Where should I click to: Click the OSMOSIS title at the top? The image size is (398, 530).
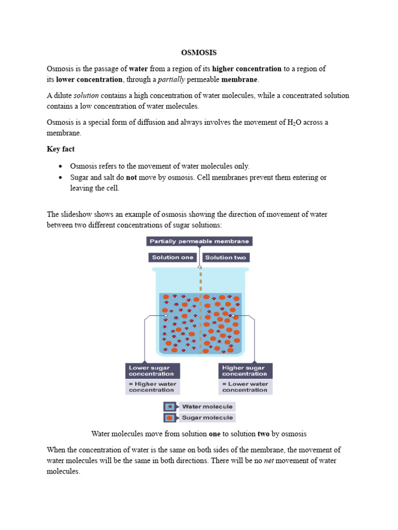pos(198,53)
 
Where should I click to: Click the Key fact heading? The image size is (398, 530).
pos(61,149)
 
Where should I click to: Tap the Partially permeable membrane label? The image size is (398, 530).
pos(199,241)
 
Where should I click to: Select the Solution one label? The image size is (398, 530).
pos(173,257)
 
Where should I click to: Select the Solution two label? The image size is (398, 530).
pos(225,257)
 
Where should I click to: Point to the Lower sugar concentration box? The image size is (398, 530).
pos(152,371)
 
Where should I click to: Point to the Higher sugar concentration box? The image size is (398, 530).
pos(245,371)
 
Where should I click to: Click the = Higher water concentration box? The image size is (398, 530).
pos(152,387)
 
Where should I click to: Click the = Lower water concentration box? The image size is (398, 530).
pos(245,387)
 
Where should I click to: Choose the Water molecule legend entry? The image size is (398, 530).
pos(207,406)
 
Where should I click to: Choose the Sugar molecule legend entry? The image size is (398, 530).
pos(207,417)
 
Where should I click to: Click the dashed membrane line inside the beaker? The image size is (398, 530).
pos(201,321)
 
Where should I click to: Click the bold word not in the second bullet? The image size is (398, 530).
pos(131,178)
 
